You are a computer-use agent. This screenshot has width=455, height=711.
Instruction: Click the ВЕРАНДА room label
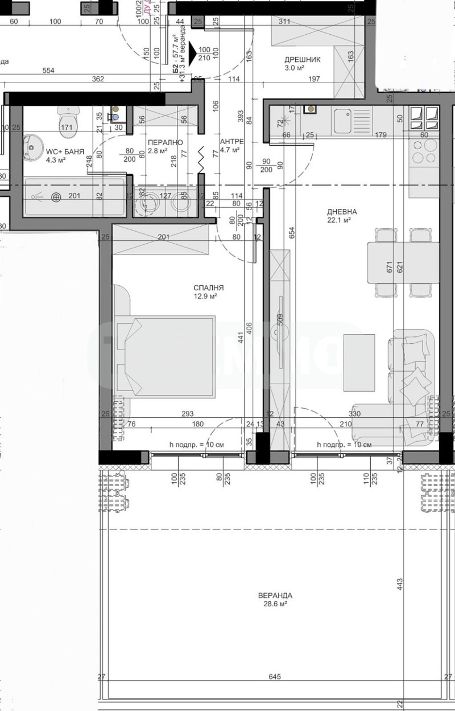[274, 595]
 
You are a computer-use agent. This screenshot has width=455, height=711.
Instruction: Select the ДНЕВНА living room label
[338, 211]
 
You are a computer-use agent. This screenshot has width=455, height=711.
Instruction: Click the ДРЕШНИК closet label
[303, 59]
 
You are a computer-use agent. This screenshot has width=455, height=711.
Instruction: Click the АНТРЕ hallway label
[231, 142]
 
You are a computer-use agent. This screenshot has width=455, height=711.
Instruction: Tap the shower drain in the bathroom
[56, 198]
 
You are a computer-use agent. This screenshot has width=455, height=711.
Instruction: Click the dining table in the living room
[403, 262]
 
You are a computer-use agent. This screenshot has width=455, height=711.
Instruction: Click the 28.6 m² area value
[274, 605]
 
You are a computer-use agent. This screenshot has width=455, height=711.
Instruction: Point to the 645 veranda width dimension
[274, 677]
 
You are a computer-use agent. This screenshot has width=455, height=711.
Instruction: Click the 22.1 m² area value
[338, 220]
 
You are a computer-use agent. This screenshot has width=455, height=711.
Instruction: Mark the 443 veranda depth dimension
[400, 583]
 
